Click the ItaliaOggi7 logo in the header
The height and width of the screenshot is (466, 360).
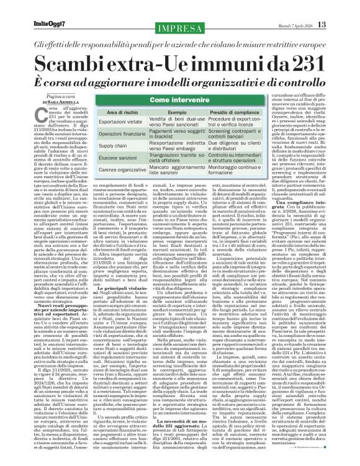[x=29, y=8]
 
